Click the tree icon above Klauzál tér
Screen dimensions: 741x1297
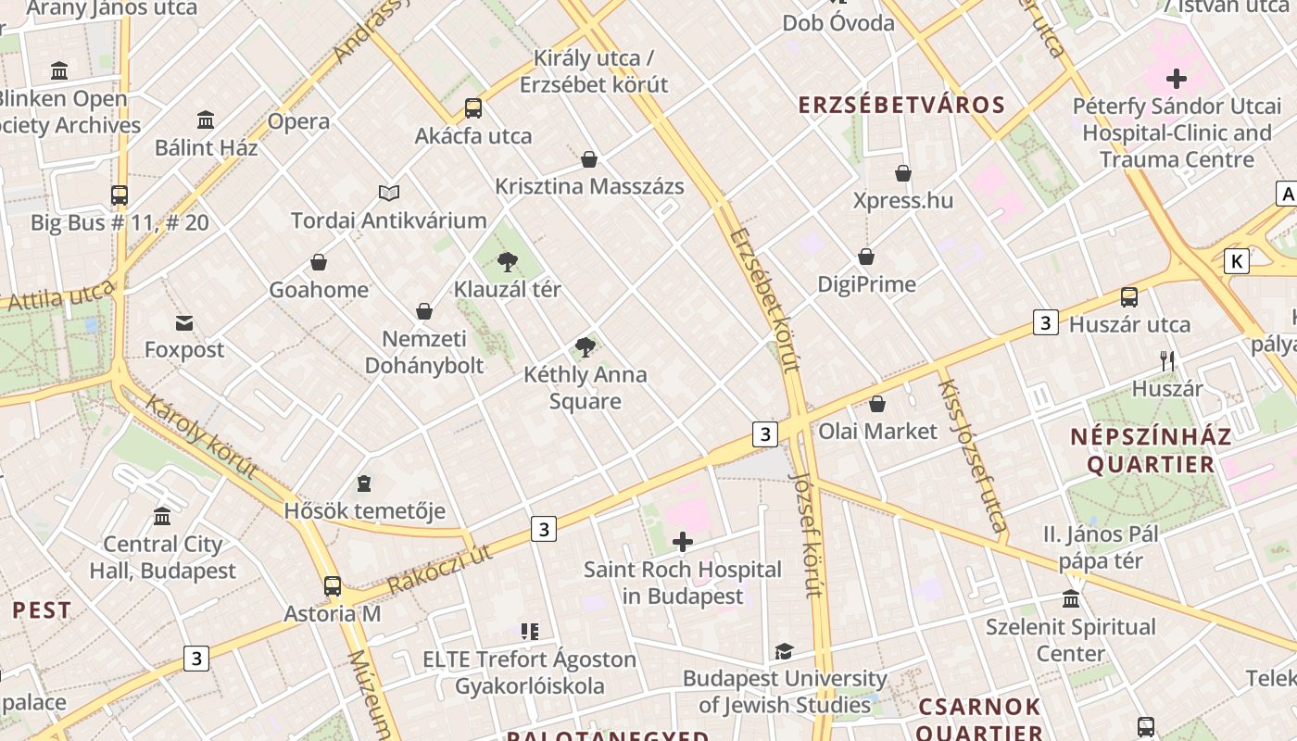[507, 262]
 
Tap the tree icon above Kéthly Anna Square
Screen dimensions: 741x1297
[585, 347]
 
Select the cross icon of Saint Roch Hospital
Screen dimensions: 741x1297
[683, 542]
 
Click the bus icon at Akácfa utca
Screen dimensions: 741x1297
[473, 108]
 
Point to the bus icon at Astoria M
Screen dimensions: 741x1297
[333, 586]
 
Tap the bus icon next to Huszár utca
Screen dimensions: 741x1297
[1128, 297]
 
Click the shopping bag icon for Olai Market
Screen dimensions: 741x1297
[877, 404]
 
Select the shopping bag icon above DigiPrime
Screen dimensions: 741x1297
[866, 257]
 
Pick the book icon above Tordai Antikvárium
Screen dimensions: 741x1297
[389, 193]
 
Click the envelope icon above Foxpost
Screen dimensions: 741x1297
[184, 323]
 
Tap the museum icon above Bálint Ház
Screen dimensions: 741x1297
[206, 120]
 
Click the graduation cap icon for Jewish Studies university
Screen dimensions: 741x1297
[784, 651]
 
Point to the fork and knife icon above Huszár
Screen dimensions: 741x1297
[1167, 361]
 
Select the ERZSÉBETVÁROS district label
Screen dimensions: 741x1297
[901, 105]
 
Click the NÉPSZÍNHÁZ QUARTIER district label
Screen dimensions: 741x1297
[1151, 450]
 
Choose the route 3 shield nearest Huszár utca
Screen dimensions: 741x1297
[1045, 323]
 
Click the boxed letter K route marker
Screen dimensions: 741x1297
[1236, 261]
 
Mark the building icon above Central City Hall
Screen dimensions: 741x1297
[163, 516]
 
